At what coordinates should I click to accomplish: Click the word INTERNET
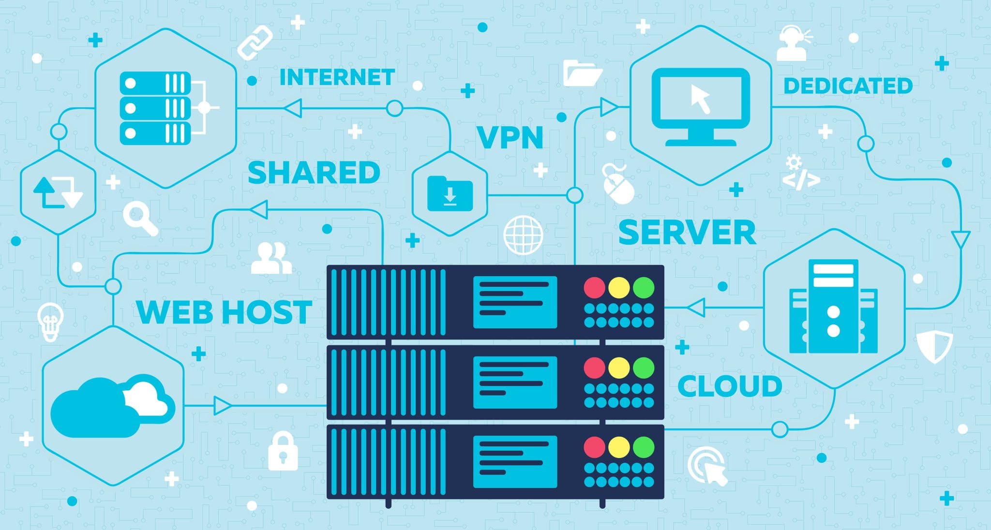tap(337, 77)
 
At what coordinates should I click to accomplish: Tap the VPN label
tap(510, 138)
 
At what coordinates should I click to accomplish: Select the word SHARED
tap(314, 173)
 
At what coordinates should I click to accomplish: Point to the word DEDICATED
tap(848, 86)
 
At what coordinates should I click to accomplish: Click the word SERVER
tap(687, 233)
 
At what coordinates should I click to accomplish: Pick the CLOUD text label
tap(730, 386)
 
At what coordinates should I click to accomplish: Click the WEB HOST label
tap(224, 312)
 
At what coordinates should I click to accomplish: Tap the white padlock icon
tap(283, 452)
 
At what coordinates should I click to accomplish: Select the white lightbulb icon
tap(50, 321)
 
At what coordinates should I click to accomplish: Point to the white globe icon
tap(523, 235)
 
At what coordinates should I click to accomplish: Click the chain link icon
tap(255, 43)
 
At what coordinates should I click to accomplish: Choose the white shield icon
tap(934, 346)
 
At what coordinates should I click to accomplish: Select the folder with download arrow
tap(450, 193)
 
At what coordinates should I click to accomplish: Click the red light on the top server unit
tap(595, 288)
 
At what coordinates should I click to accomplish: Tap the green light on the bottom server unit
tap(644, 447)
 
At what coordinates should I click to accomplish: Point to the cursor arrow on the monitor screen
tap(700, 99)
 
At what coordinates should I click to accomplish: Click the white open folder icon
tap(582, 73)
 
